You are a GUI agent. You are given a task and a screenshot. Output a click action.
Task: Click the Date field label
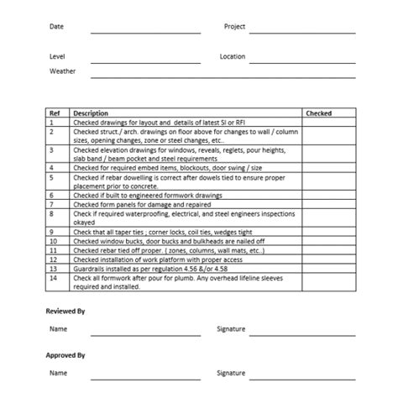pos(56,27)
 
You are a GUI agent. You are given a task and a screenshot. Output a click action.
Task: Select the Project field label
pos(234,27)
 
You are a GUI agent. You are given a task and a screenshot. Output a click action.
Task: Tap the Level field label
pos(57,56)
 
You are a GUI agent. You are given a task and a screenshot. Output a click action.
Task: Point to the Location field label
pos(233,56)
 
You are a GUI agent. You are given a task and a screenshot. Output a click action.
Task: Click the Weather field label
pos(62,71)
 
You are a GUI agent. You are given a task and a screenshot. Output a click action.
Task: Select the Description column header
pos(91,113)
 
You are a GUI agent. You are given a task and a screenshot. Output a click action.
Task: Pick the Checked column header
pos(318,113)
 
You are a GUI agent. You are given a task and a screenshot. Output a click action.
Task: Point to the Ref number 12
pos(54,260)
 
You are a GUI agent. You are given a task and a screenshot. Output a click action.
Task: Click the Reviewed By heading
pos(65,312)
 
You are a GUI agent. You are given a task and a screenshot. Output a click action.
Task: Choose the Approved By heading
pos(66,354)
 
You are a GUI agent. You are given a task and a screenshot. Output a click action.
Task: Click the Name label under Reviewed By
pos(58,329)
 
